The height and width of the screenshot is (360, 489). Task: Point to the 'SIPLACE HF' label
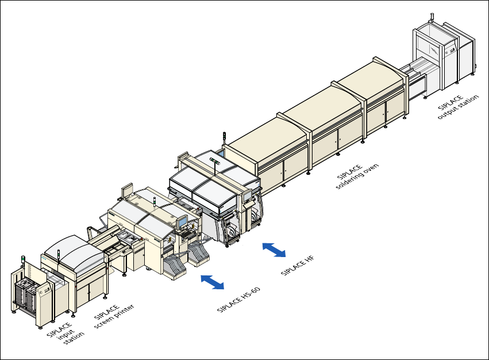(x=297, y=265)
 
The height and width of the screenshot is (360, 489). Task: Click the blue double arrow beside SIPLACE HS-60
(x=213, y=282)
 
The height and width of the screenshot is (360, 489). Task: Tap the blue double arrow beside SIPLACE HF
(x=274, y=250)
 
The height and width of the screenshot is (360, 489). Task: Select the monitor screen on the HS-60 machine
(x=182, y=222)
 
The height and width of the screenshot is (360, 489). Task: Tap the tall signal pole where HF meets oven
(x=224, y=139)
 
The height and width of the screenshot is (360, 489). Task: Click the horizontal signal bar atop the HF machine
(x=217, y=159)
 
